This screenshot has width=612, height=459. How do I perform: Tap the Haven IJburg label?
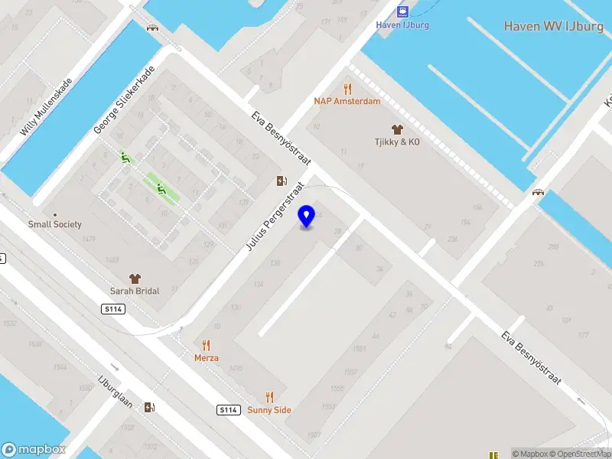pos(402,24)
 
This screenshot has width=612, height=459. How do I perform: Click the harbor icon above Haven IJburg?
pos(402,11)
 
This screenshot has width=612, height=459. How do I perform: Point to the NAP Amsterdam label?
pos(347,101)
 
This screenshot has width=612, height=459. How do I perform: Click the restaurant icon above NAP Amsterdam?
pos(347,88)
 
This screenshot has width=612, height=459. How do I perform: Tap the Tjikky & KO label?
pos(397,142)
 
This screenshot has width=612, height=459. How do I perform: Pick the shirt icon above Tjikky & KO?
pos(396,129)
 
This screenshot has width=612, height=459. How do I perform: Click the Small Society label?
pos(55,225)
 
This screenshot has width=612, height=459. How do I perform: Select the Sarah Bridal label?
pos(135,291)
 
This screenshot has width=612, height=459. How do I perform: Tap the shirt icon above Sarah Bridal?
pos(135,278)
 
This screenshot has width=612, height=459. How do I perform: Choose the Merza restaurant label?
pos(206,357)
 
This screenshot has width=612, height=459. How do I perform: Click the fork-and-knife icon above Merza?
pos(206,345)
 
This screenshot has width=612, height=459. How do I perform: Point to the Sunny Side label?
pos(269,410)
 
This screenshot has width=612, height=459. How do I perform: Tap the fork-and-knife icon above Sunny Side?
pos(269,397)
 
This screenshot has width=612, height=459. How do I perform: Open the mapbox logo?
pos(34,450)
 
